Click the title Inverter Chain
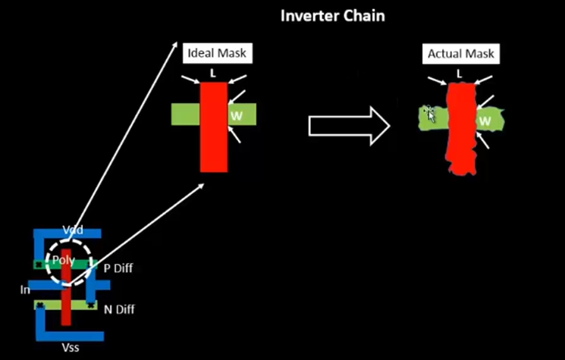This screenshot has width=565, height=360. pos(333,16)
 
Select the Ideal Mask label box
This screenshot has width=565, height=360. pos(218,53)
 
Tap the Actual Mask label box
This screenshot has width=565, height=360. pos(461,54)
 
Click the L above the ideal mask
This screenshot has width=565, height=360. pos(213,74)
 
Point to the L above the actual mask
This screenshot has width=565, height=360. pos(459,74)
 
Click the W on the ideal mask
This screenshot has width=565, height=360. pos(237,116)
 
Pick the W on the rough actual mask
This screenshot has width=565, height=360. pos(485,121)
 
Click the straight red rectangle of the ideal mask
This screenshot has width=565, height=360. pos(214,127)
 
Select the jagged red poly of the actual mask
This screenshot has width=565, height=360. pos(461,129)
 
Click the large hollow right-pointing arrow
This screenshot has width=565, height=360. pos(349,126)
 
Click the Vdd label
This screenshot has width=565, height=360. pos(73,230)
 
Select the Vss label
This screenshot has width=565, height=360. pos(71,348)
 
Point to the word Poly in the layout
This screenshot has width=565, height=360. pos(64,260)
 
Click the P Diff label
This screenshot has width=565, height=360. pos(118,268)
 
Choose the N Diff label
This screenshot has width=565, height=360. pos(119,309)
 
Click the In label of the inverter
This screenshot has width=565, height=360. pos(25,290)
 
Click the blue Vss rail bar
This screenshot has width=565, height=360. pos(70,337)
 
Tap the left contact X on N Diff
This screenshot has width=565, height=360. pos(40,305)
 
